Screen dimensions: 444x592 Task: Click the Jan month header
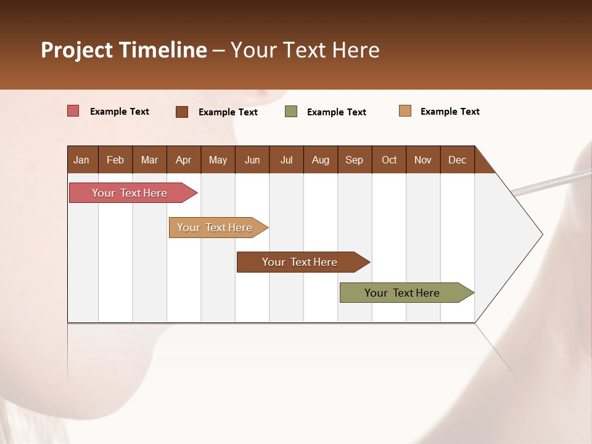(x=81, y=160)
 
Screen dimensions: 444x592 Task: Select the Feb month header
(x=115, y=160)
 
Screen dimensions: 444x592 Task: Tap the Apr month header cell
(x=183, y=160)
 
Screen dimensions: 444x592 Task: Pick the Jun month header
(x=252, y=160)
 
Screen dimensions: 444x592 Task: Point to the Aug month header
(x=320, y=160)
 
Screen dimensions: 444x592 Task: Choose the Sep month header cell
(x=354, y=160)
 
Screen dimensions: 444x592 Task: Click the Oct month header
(x=388, y=160)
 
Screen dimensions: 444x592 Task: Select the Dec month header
(x=457, y=160)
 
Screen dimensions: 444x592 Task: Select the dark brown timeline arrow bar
(x=300, y=262)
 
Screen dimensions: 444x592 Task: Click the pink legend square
(x=73, y=111)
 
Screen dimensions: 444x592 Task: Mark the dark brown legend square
(x=182, y=112)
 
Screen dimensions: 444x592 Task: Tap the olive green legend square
(x=291, y=112)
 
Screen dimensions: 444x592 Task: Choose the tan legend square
(x=405, y=111)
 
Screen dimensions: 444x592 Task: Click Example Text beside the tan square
(x=450, y=112)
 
